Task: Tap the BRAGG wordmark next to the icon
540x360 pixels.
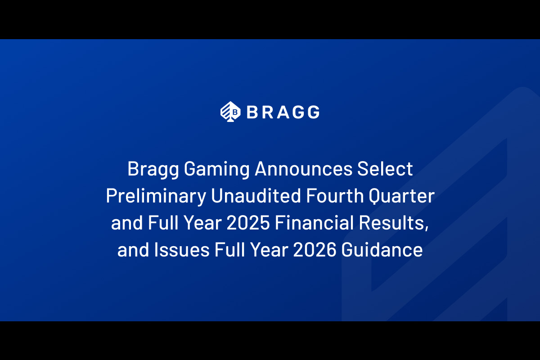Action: pyautogui.click(x=283, y=112)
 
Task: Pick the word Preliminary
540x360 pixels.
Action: pyautogui.click(x=154, y=197)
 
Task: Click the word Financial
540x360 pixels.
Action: pyautogui.click(x=316, y=224)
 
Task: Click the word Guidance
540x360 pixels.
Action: pyautogui.click(x=382, y=251)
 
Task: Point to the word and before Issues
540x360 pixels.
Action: pyautogui.click(x=133, y=251)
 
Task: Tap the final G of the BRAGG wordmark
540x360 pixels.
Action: pyautogui.click(x=312, y=112)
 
